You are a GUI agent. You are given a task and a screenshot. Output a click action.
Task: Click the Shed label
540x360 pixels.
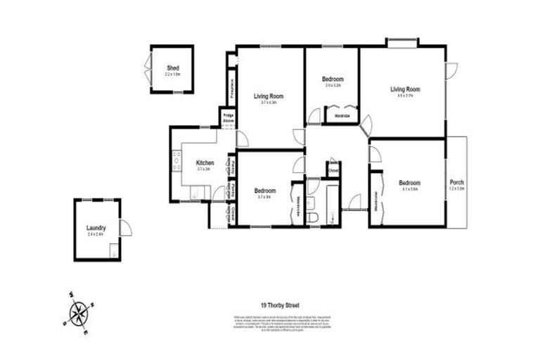(172, 67)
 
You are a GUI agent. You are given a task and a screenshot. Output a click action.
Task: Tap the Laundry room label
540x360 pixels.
(96, 227)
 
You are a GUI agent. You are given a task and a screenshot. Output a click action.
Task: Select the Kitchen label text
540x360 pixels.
(205, 162)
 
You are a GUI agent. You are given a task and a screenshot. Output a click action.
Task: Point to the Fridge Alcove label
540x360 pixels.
(229, 118)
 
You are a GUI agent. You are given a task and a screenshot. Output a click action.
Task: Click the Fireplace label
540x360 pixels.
(231, 87)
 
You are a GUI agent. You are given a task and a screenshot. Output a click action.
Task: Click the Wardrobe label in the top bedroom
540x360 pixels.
(342, 115)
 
